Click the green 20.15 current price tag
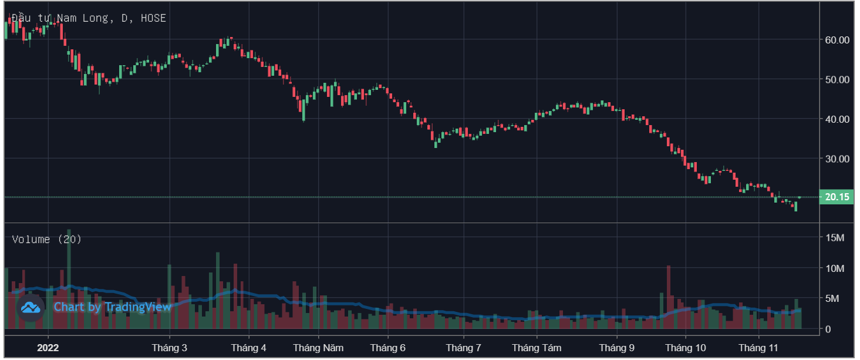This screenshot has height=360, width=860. point(837,197)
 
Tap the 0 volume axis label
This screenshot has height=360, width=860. point(828,329)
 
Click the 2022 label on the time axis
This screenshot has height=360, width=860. point(49,348)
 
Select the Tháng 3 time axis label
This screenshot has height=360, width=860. point(170,348)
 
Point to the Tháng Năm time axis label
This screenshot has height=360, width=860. point(318,348)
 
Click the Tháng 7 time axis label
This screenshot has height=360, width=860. point(464,348)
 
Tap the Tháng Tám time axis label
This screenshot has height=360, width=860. point(537,348)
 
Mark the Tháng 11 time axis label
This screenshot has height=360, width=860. point(758,348)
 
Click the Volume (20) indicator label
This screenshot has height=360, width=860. point(47,239)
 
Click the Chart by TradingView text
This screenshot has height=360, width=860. point(113,307)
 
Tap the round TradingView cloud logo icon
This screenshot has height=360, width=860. point(31,307)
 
